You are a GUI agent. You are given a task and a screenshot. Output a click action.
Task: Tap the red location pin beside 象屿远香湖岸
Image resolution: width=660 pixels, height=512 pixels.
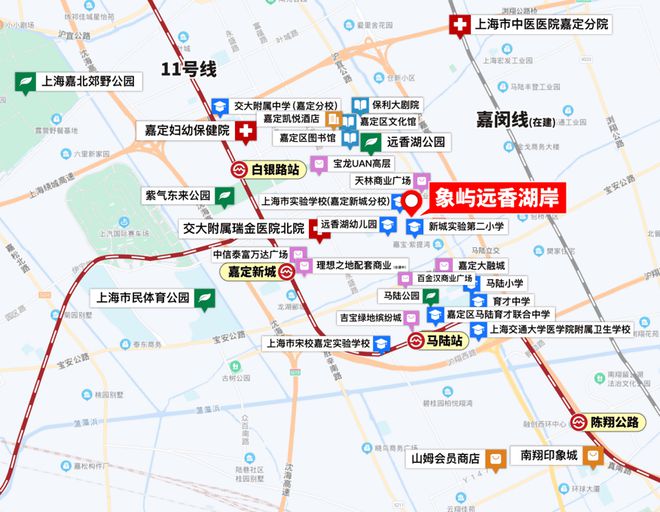tap(414, 201)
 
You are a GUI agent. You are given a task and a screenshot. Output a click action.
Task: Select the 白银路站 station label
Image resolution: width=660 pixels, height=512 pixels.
tap(273, 169)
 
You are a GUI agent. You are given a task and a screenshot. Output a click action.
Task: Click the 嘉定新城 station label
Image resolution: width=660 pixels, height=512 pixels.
tap(251, 271)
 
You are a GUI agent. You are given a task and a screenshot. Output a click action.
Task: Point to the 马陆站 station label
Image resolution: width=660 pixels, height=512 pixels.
tap(442, 342)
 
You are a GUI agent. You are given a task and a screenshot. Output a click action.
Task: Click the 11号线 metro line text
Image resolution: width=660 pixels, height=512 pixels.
tap(190, 69)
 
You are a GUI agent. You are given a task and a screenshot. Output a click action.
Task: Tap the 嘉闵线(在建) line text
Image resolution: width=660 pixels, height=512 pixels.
tap(507, 118)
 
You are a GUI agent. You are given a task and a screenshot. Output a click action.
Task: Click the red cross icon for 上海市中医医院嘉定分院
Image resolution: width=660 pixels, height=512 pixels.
tap(460, 26)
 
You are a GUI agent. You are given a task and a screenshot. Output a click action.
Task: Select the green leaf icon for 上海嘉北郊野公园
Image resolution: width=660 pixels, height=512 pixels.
tap(24, 82)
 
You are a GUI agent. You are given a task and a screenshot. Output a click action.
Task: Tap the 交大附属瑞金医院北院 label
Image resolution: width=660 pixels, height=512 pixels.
tap(243, 228)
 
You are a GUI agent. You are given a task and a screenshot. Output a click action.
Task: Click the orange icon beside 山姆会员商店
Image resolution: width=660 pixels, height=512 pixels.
tap(497, 458)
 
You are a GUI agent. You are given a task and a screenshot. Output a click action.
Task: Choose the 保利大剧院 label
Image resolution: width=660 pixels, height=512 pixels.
tap(396, 104)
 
